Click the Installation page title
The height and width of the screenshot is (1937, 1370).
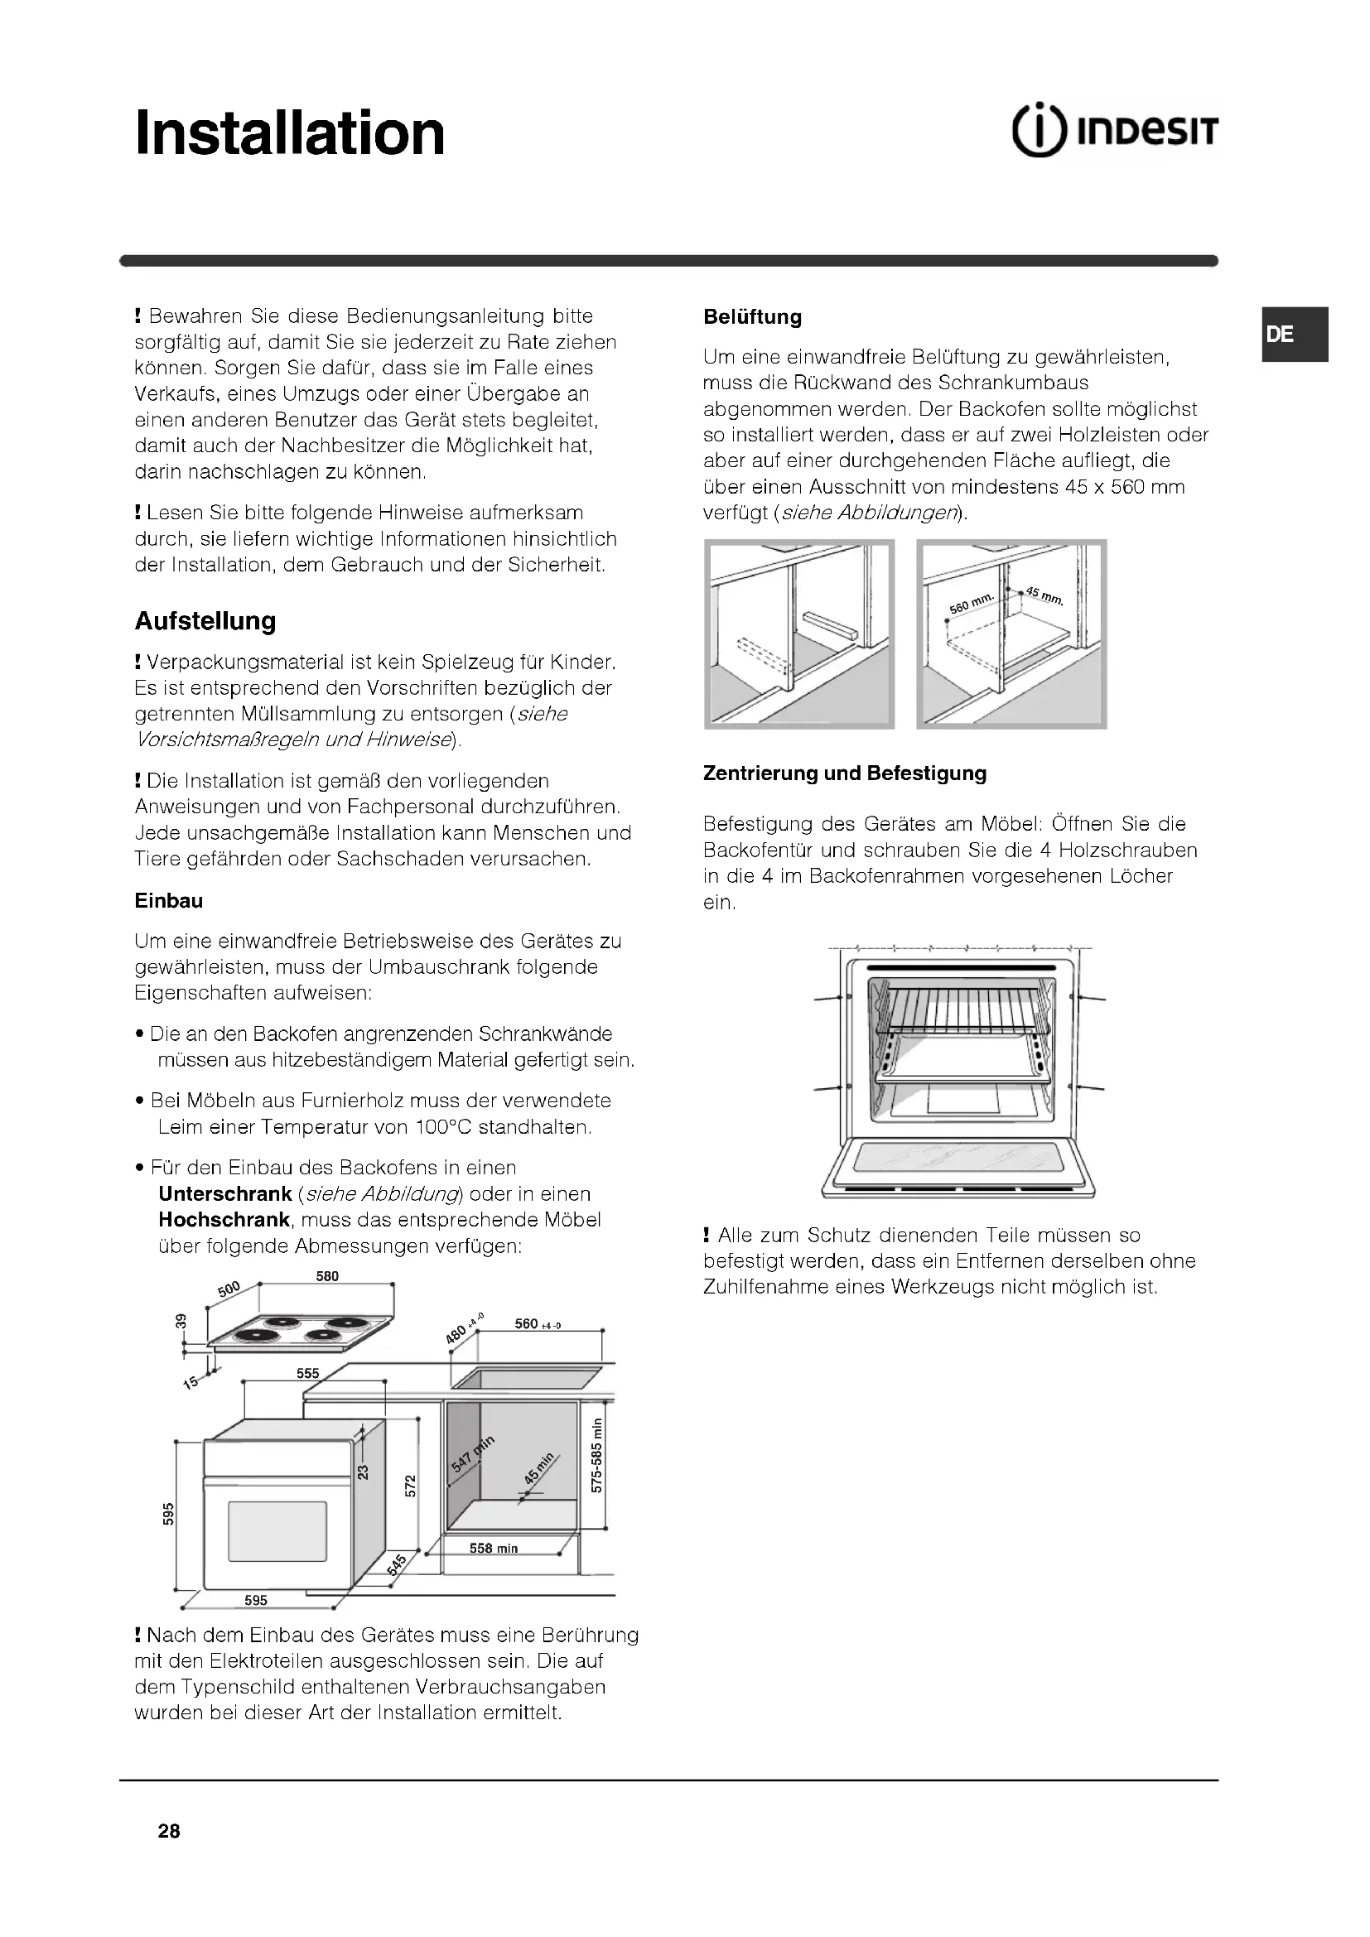point(289,133)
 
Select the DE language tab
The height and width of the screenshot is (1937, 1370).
point(1281,334)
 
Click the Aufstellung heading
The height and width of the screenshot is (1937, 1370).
point(205,621)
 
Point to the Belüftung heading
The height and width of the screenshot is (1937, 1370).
point(751,317)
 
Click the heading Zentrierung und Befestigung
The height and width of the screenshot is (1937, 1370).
point(844,773)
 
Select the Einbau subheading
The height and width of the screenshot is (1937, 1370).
point(169,900)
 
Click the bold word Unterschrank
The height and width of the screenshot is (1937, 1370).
point(224,1194)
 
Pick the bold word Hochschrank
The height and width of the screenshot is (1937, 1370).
point(224,1220)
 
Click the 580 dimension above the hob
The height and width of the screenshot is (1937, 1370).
point(327,1276)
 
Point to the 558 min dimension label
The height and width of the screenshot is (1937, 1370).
point(494,1548)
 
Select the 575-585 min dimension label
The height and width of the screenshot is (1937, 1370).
point(596,1455)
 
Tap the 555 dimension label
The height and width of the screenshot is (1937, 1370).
point(308,1373)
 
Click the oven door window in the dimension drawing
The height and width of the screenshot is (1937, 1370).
point(277,1531)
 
